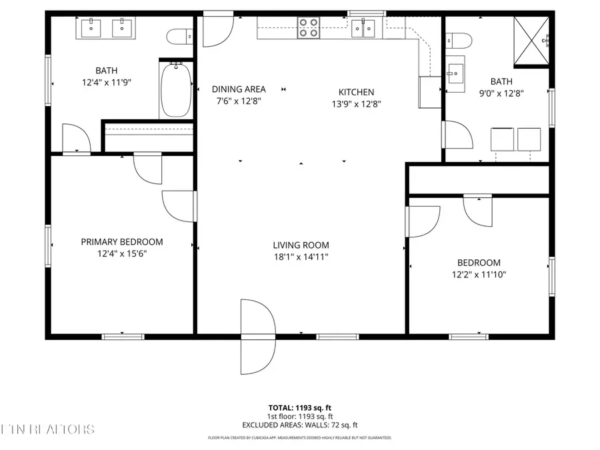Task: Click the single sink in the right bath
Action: pyautogui.click(x=457, y=73)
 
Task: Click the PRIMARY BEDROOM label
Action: pyautogui.click(x=121, y=242)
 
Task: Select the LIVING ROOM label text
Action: pyautogui.click(x=301, y=245)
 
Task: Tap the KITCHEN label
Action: pyautogui.click(x=357, y=92)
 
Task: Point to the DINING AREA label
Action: pyautogui.click(x=239, y=89)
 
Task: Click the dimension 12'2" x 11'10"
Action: pyautogui.click(x=478, y=274)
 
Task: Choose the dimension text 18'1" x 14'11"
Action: pyautogui.click(x=301, y=256)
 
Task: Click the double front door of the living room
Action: pyautogui.click(x=257, y=337)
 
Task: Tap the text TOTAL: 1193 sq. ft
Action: pyautogui.click(x=299, y=407)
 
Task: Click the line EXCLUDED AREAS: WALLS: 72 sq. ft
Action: pyautogui.click(x=299, y=425)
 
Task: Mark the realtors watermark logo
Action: pyautogui.click(x=48, y=429)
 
